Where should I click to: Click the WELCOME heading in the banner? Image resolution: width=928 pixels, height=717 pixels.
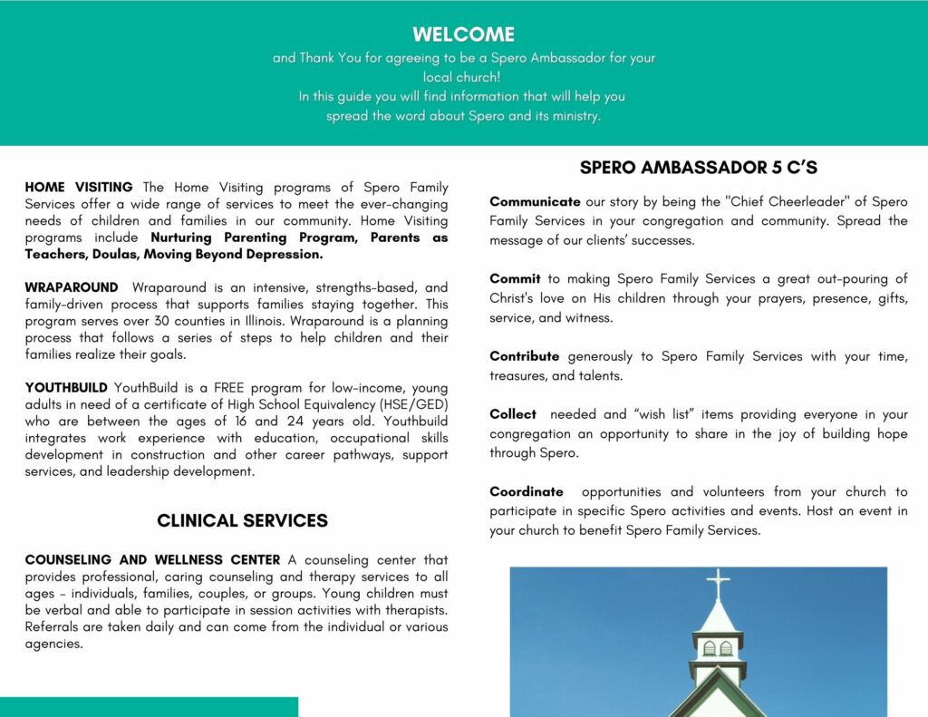[x=463, y=34]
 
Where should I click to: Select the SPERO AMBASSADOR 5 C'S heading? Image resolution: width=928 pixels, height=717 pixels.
[x=699, y=168]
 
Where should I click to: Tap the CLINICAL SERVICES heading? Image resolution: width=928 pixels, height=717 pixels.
[x=242, y=520]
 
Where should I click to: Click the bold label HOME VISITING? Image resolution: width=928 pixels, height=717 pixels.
[x=79, y=188]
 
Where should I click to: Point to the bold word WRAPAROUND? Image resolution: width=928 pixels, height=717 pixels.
[x=72, y=287]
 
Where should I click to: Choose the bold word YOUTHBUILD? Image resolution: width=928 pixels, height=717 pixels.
[x=66, y=387]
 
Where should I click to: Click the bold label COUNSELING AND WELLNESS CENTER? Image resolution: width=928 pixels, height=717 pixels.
[x=153, y=560]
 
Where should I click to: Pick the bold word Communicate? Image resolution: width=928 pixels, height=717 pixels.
[x=535, y=201]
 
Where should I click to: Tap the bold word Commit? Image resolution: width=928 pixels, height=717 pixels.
[x=515, y=279]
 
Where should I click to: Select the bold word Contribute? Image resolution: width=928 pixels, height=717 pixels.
[x=525, y=356]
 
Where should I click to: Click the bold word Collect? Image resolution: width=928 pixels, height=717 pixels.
[x=513, y=414]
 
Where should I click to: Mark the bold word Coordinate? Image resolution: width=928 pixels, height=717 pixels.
[x=527, y=491]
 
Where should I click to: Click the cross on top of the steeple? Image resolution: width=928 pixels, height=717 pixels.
[x=718, y=583]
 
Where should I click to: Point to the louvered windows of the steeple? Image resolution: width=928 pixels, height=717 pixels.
[x=717, y=648]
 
